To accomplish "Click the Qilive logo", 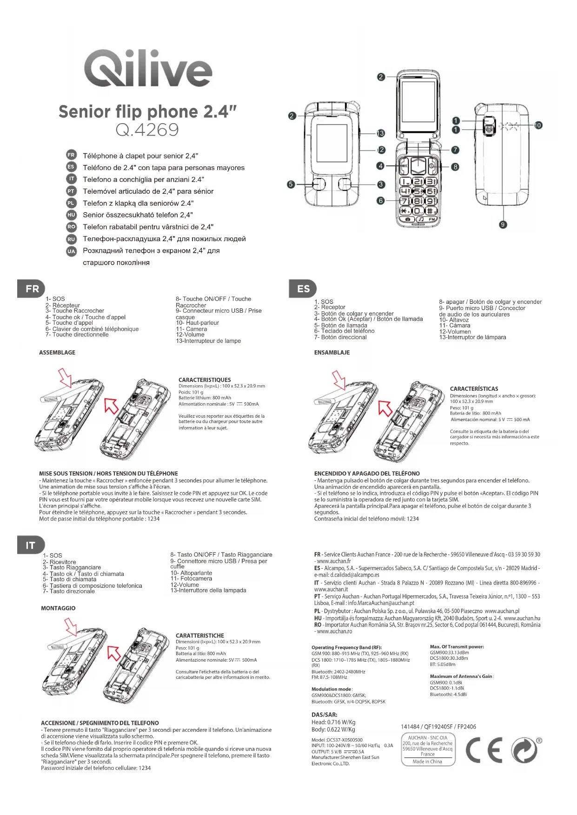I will coord(148,69).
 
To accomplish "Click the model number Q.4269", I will coord(147,130).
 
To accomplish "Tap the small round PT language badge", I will coord(71,191).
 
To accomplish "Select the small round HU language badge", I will coord(71,215).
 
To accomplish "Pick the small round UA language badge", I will coord(71,251).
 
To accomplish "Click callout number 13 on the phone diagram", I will coord(381,133).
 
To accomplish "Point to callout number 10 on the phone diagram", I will coord(538,125).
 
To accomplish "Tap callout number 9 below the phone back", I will coord(503,224).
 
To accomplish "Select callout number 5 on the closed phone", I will coord(291,184).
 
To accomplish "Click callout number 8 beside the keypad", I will coord(455,167).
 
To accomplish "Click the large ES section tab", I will coord(303,289).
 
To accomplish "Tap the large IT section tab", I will coord(31,545).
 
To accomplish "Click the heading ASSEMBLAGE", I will coord(57,353).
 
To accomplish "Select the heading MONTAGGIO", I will coord(58,608).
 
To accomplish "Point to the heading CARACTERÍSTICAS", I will coord(474,389).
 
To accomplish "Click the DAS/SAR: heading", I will coord(325,715).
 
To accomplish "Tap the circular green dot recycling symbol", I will coord(525,750).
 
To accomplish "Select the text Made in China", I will coord(427,762).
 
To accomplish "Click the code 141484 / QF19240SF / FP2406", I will coord(438,727).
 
